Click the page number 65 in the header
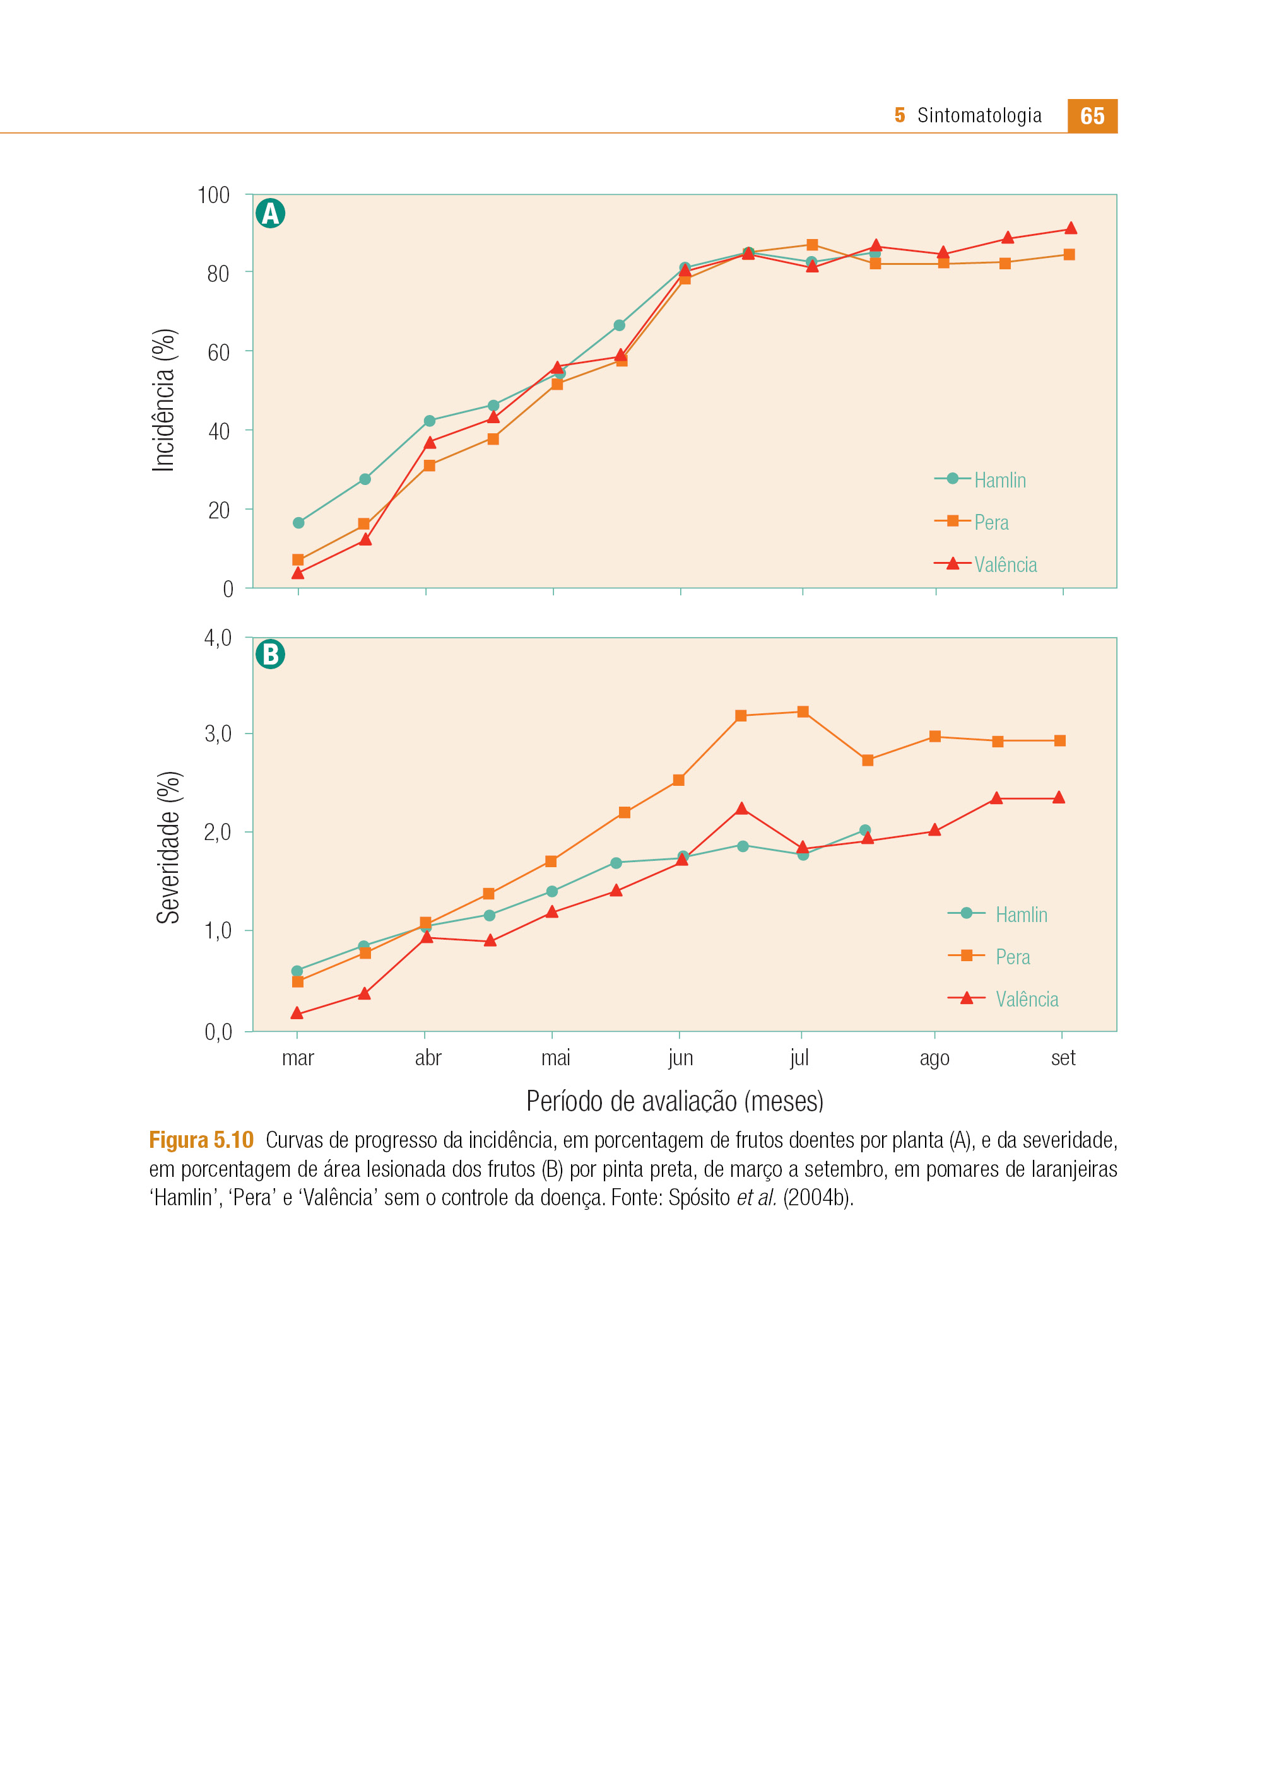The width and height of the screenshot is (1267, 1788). (1092, 116)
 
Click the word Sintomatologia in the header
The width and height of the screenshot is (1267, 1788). (979, 115)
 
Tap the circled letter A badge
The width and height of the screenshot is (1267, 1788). (271, 213)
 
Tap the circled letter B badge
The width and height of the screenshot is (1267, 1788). (271, 654)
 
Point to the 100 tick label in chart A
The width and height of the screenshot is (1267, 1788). (214, 195)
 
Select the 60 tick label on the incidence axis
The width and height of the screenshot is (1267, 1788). (218, 353)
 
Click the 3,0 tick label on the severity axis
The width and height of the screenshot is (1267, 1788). (218, 733)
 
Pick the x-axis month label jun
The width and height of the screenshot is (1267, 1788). (680, 1058)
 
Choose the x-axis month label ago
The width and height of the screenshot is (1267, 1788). (934, 1059)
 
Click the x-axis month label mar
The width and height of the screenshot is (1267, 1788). (298, 1058)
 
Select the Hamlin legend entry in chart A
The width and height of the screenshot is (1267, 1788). (981, 479)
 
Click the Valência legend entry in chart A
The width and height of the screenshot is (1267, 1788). (986, 564)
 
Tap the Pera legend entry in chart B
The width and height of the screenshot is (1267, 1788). (989, 956)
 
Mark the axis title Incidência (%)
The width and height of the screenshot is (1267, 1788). (164, 400)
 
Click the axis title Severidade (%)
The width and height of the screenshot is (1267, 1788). (168, 848)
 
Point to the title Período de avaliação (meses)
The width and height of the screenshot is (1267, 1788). (675, 1101)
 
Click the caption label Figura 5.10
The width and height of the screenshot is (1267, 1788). (201, 1140)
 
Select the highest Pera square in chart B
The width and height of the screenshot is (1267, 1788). (803, 712)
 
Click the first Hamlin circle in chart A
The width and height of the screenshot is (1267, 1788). (298, 522)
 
